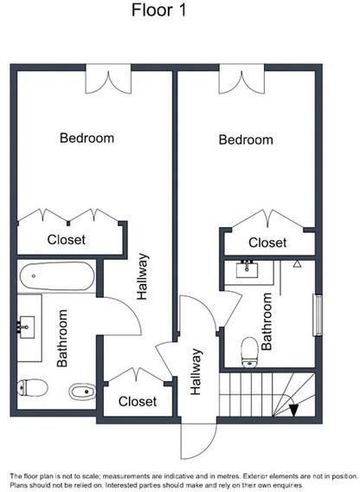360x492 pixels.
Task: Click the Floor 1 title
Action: pos(158,10)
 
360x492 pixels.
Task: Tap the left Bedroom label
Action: pos(87,138)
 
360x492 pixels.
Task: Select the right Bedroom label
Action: pos(246,139)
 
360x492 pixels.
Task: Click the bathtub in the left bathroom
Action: pos(57,276)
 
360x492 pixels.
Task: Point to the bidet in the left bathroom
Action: pos(82,392)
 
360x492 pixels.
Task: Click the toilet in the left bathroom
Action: pos(32,387)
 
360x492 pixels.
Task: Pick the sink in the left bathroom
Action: pos(26,327)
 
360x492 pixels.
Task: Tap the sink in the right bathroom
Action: pos(247,269)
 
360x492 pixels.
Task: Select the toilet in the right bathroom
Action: pos(250,352)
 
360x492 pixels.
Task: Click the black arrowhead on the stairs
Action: pos(293,410)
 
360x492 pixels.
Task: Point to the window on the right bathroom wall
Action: pos(318,314)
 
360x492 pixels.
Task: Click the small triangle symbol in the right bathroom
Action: pos(298,264)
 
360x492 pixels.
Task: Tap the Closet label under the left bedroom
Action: pos(66,240)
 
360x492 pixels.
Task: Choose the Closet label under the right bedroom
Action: pos(267,243)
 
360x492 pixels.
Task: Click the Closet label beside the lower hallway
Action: pos(138,401)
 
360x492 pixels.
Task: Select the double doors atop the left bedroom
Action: pos(108,80)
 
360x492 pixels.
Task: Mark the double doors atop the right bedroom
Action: pos(241,80)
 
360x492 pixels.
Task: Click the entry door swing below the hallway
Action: pos(199,441)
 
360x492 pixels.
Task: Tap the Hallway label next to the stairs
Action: pos(196,372)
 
